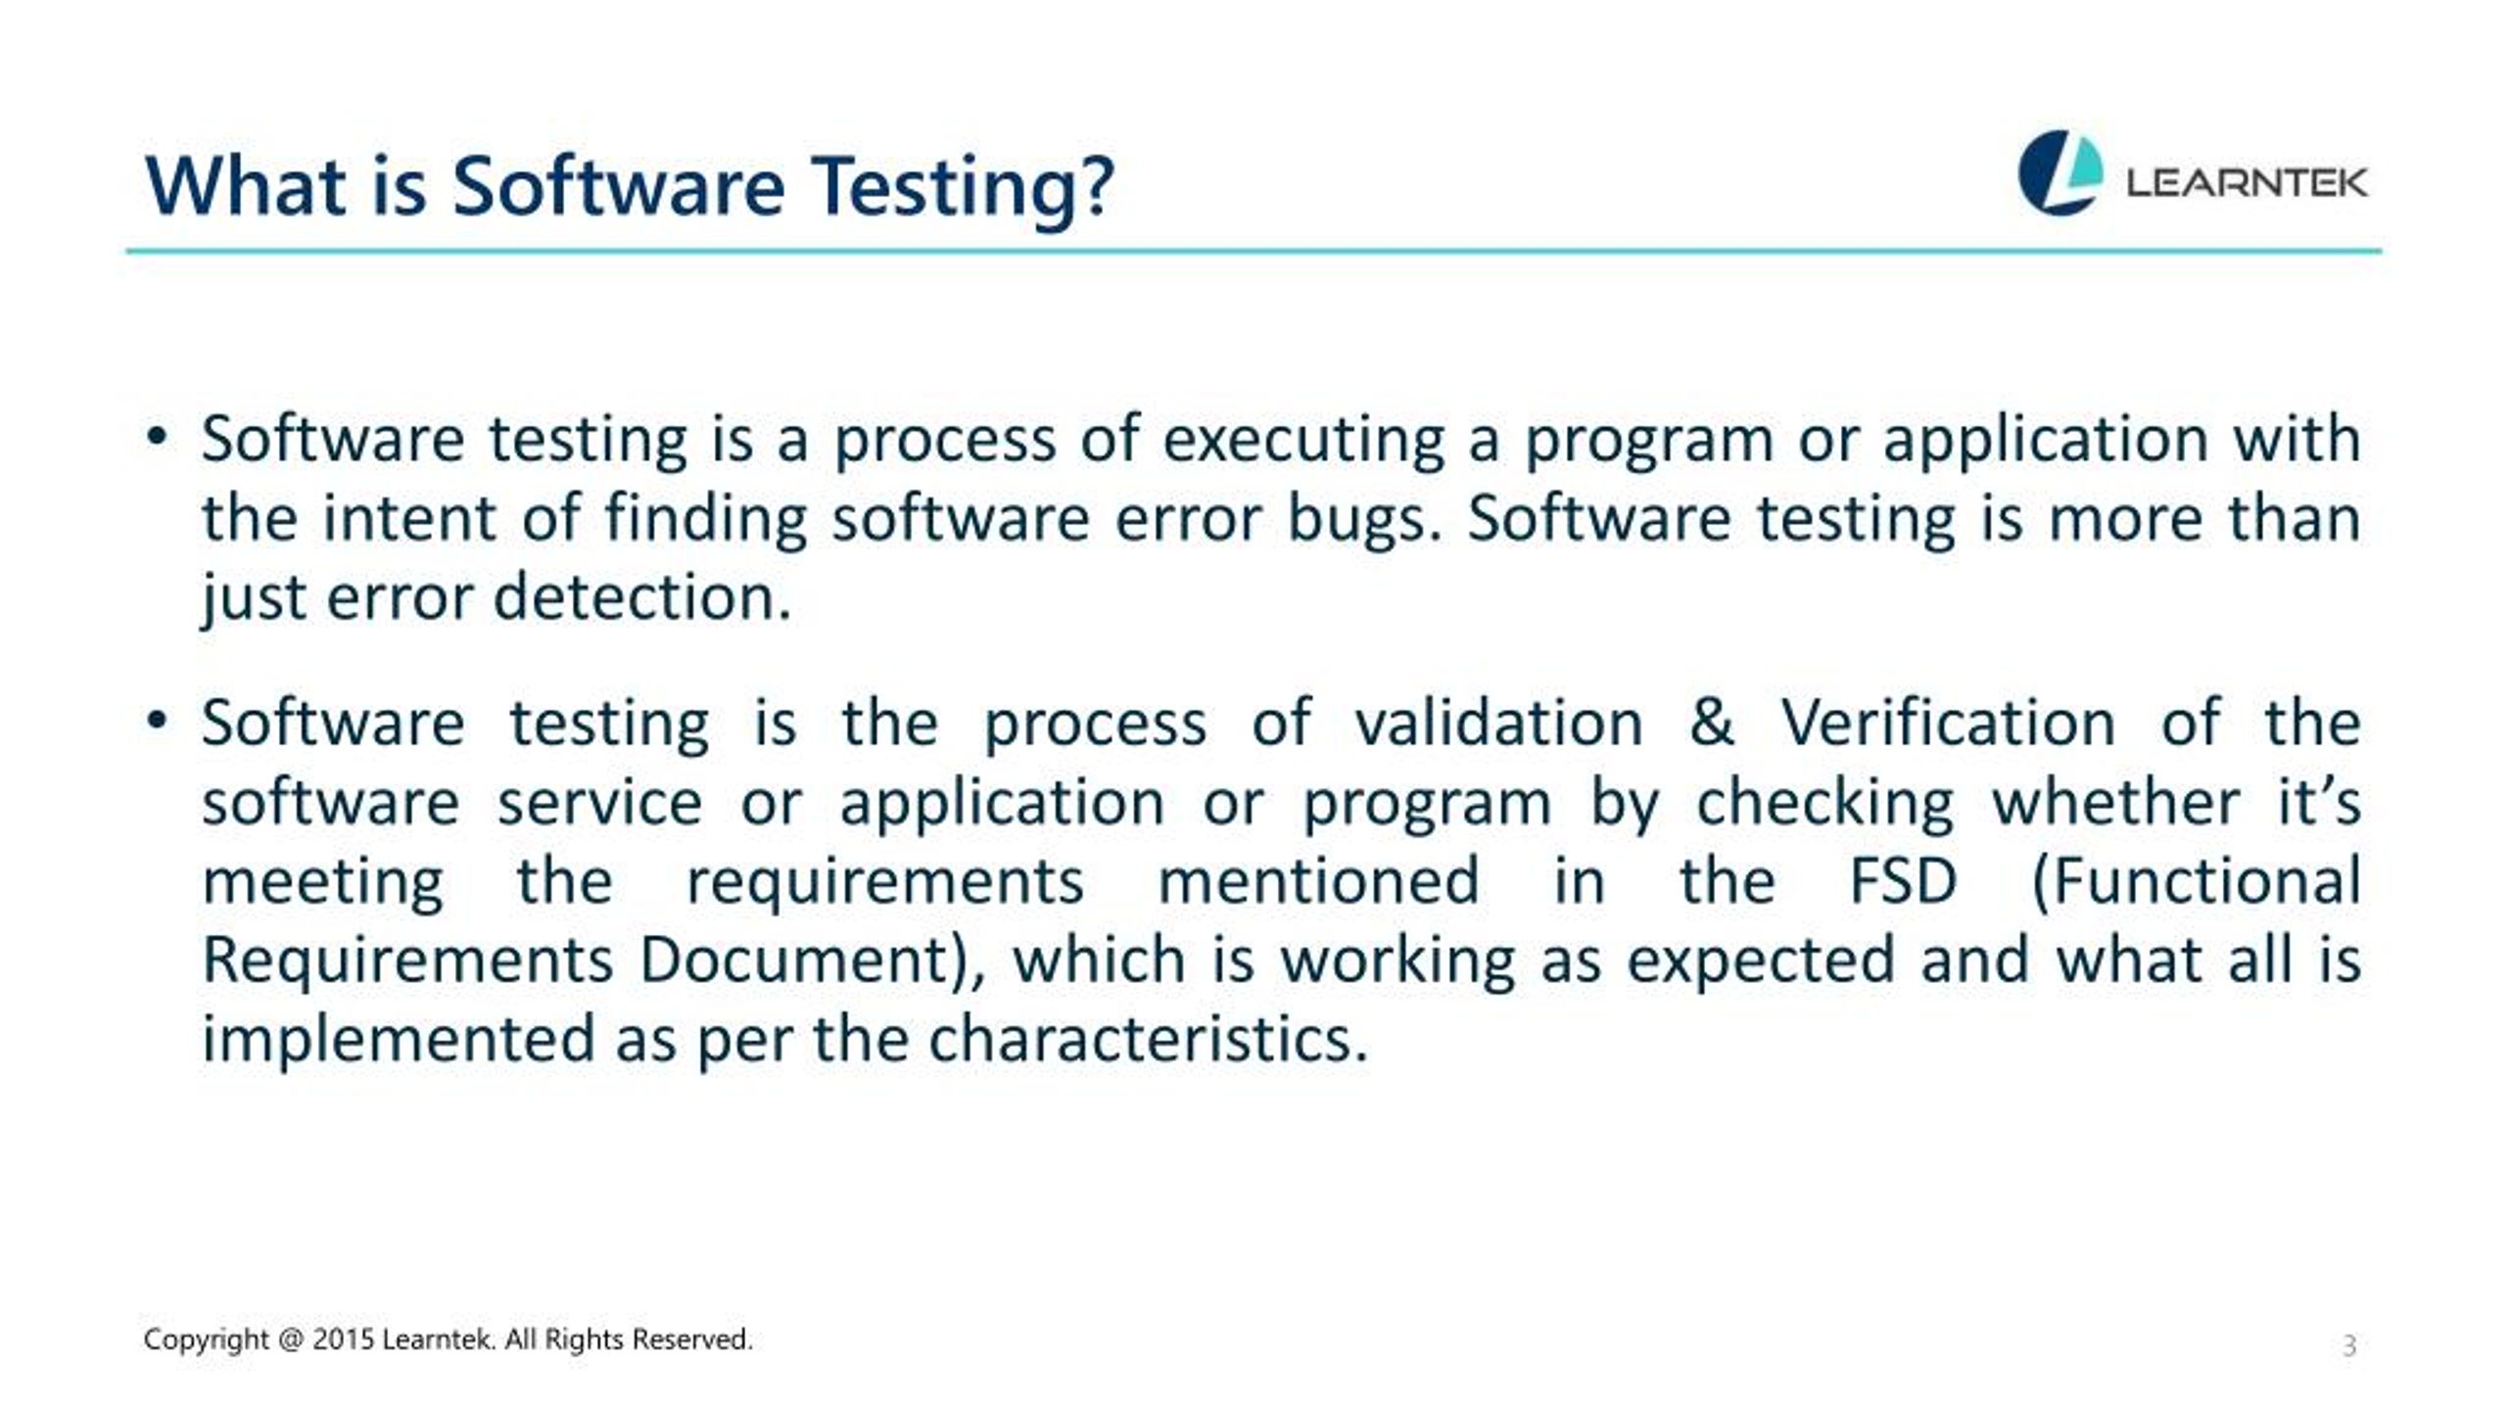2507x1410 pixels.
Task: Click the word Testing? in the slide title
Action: (x=964, y=188)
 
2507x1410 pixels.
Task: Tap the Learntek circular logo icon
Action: (x=2060, y=172)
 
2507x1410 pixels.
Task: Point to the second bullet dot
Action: (x=156, y=722)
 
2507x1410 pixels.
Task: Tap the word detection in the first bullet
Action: (x=641, y=597)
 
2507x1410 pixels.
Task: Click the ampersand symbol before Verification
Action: (x=1711, y=724)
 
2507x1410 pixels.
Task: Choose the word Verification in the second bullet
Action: (x=1948, y=724)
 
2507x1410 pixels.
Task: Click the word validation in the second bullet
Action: (x=1498, y=724)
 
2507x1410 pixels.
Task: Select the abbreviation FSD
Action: (x=1903, y=880)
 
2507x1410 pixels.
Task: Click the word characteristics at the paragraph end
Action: (x=1147, y=1039)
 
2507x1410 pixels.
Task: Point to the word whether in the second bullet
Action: (x=2115, y=803)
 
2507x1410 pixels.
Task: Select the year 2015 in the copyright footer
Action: (x=344, y=1339)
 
